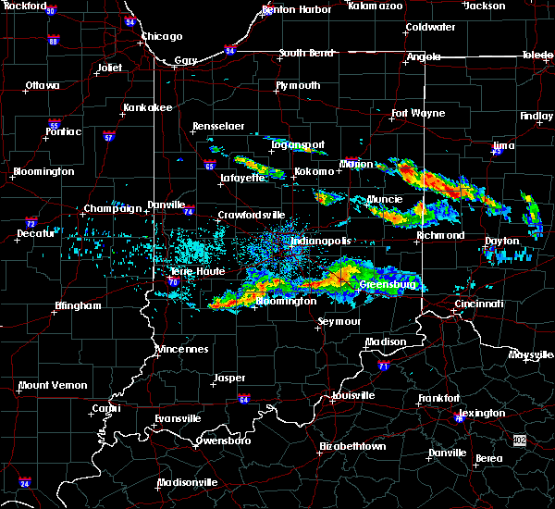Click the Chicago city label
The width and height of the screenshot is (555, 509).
(x=161, y=37)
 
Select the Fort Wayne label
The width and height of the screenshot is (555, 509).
(x=412, y=114)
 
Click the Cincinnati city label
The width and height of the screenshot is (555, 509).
(x=479, y=304)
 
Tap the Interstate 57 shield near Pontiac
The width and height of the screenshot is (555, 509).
(x=109, y=137)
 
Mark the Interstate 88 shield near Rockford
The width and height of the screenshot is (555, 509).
(x=54, y=41)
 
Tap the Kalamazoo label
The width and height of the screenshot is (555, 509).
(x=375, y=6)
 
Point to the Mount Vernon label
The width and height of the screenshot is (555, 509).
(x=53, y=385)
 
